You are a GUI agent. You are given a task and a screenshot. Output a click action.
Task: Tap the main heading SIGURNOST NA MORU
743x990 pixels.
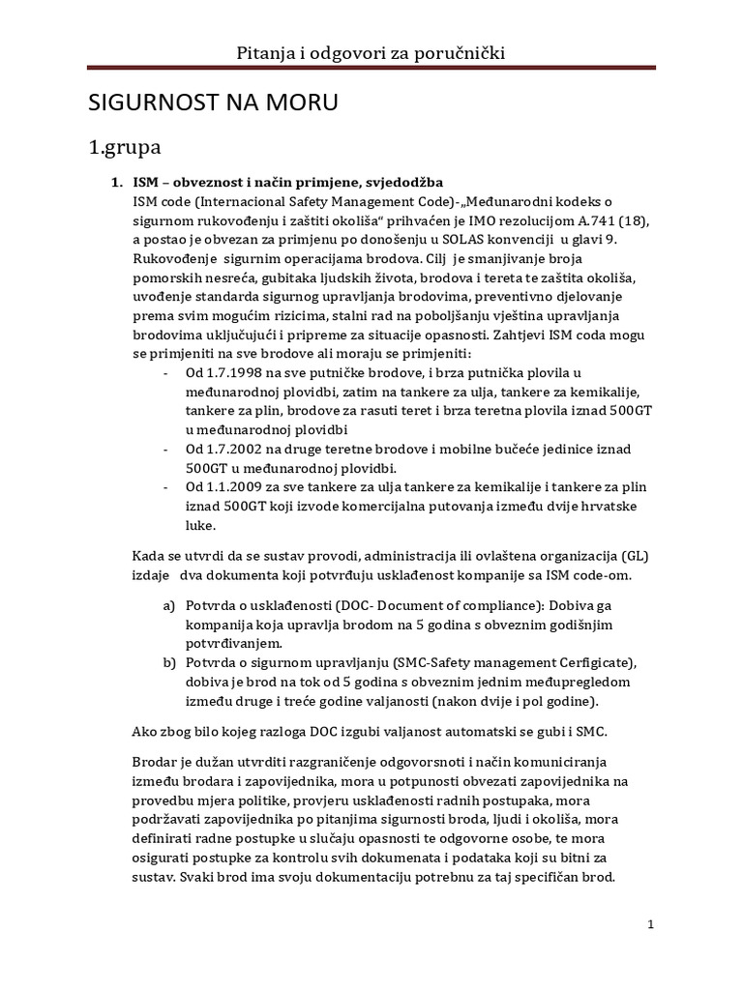click(x=214, y=103)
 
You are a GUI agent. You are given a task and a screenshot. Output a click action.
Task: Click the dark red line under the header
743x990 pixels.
click(x=371, y=68)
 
